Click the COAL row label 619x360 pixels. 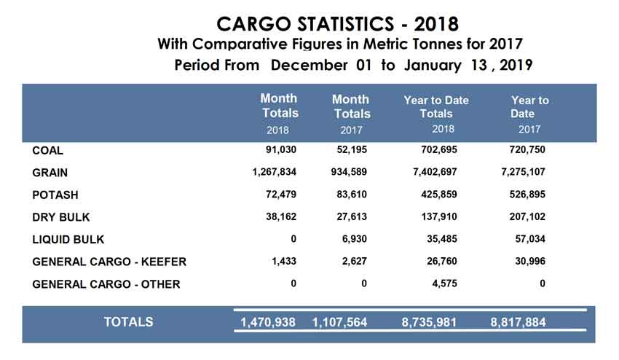48,151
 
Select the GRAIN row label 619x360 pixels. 50,173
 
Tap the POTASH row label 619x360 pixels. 55,195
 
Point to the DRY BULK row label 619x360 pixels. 61,217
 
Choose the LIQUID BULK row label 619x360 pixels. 68,240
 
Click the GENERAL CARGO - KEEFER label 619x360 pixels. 110,262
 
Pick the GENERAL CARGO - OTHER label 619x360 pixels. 106,284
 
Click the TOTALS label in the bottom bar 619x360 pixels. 129,321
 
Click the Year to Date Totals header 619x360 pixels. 436,107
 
